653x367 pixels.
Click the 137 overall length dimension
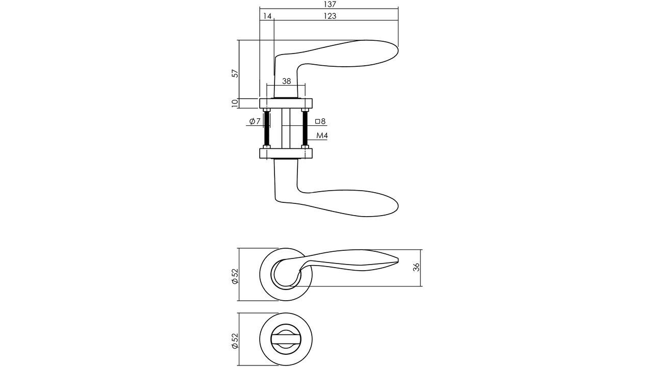pos(330,4)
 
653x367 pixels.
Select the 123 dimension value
pos(330,16)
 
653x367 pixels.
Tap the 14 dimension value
pos(267,16)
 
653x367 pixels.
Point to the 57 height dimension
pos(235,73)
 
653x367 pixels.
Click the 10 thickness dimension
pos(235,103)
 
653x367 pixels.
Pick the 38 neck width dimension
pos(286,81)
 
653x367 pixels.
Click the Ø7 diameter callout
pos(255,121)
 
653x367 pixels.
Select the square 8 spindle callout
pos(320,121)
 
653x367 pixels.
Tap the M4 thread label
pos(322,136)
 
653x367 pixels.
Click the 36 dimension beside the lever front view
pos(416,267)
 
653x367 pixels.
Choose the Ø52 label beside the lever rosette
pos(235,276)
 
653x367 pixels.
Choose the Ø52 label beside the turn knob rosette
pos(235,340)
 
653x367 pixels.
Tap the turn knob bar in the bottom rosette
pos(286,339)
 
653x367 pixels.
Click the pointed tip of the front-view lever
pos(397,260)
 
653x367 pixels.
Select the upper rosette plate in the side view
pos(286,103)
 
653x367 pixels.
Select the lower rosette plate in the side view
pos(286,153)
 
